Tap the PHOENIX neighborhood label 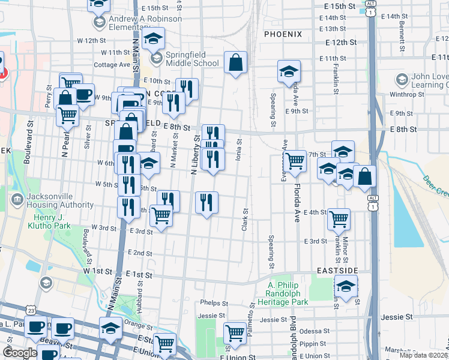pyautogui.click(x=282, y=34)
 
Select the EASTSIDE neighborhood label pyautogui.click(x=337, y=272)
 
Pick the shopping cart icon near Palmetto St pyautogui.click(x=235, y=332)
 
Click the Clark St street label pyautogui.click(x=245, y=220)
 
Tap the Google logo pyautogui.click(x=20, y=352)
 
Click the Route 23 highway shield pyautogui.click(x=31, y=309)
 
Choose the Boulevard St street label pyautogui.click(x=28, y=145)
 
